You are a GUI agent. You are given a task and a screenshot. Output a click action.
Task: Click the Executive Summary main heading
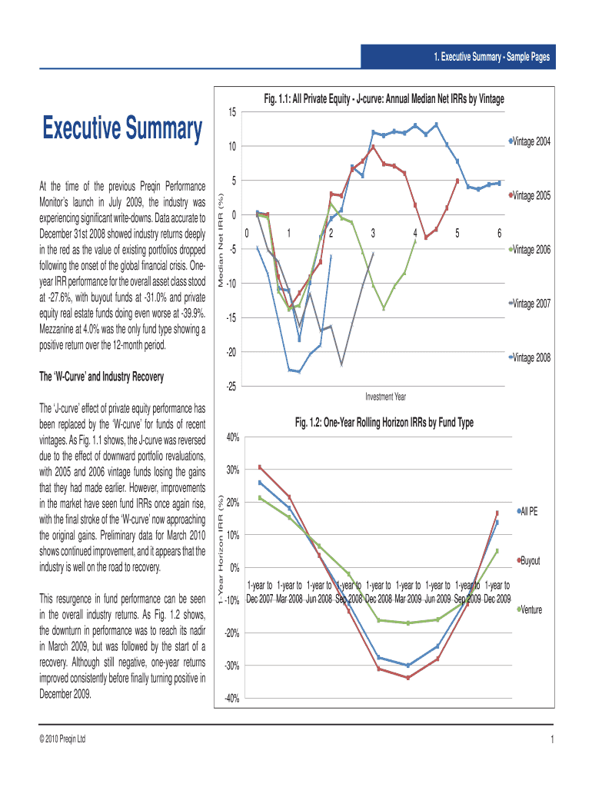(121, 128)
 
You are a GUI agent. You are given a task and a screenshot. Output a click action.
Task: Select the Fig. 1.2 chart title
(384, 423)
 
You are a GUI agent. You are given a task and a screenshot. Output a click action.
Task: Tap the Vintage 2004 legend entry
(530, 141)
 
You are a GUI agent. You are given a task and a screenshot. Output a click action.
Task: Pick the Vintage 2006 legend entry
(530, 249)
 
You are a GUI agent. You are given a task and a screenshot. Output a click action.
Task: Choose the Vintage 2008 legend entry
(530, 357)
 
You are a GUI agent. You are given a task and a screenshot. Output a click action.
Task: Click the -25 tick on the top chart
(231, 387)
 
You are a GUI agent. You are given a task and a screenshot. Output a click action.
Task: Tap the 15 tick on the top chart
(232, 113)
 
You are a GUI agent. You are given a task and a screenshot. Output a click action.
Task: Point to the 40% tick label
(232, 437)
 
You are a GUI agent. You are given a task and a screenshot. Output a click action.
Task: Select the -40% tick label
(231, 699)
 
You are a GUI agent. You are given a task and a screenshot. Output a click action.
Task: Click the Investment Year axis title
(386, 397)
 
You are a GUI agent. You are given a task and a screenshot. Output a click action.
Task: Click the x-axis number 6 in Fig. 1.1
(499, 233)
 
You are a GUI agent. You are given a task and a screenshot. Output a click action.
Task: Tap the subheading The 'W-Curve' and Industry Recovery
(101, 377)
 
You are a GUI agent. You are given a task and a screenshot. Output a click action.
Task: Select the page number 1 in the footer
(552, 739)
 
